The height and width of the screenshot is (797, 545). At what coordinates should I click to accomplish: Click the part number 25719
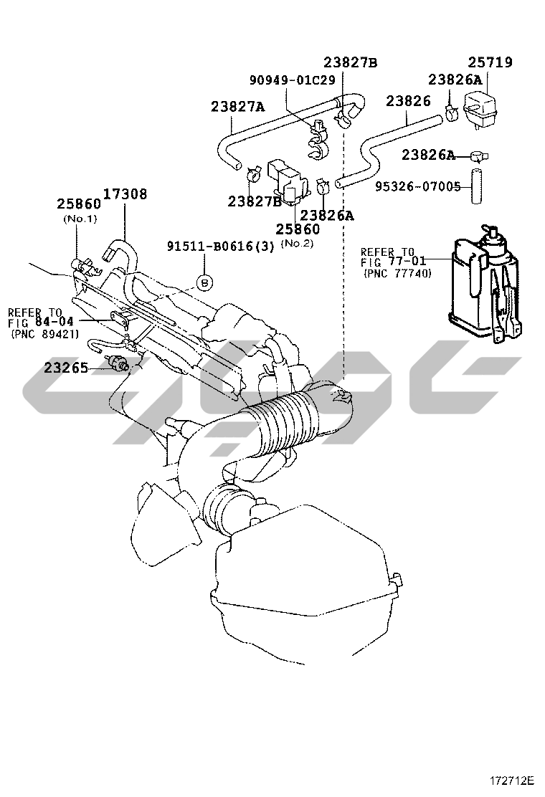coord(490,62)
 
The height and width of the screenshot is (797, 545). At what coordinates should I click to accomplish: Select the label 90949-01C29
coord(293,80)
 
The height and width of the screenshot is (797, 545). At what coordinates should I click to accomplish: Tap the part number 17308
coord(125,194)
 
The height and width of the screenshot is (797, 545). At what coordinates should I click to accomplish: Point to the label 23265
coord(66,367)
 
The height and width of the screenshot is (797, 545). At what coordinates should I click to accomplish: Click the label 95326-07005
coord(418,186)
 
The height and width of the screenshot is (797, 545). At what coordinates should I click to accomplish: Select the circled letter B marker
coord(204,282)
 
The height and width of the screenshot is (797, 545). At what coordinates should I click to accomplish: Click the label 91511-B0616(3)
coord(221,246)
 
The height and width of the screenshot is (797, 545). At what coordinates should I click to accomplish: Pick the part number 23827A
coord(238,107)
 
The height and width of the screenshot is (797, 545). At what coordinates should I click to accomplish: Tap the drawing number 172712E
coord(513,780)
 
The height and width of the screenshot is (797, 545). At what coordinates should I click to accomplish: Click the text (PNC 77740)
coord(397,274)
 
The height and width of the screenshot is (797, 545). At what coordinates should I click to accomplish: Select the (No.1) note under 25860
coord(80,219)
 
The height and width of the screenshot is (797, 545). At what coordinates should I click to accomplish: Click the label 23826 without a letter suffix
coord(408,100)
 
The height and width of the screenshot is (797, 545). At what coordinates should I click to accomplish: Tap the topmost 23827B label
coord(351,62)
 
